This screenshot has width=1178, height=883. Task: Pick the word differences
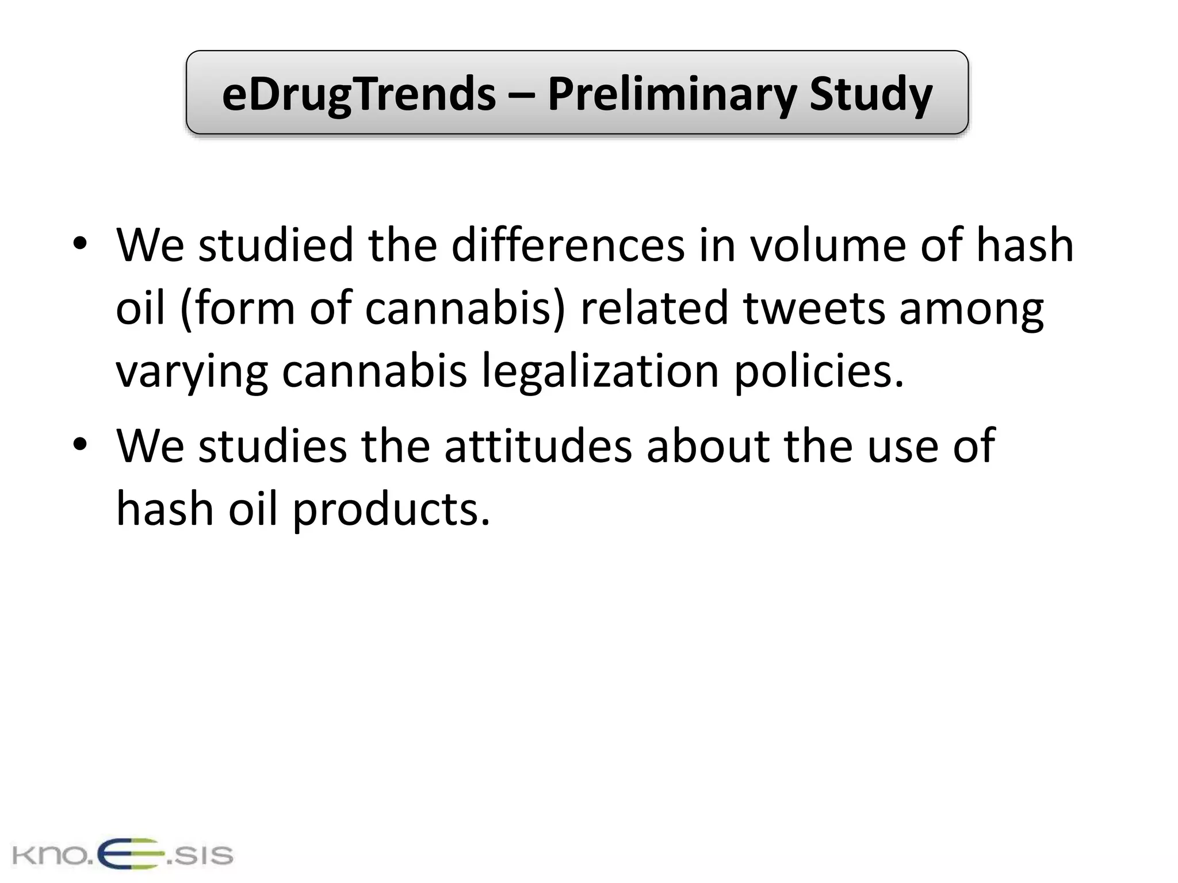coord(568,245)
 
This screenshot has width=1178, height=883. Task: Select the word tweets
coord(813,308)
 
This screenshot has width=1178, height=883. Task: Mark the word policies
coord(819,371)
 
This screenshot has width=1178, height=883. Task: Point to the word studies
coord(273,446)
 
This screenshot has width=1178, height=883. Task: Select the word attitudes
coord(538,446)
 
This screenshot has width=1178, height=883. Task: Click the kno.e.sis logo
coord(122,854)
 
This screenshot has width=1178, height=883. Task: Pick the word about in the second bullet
coord(708,446)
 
